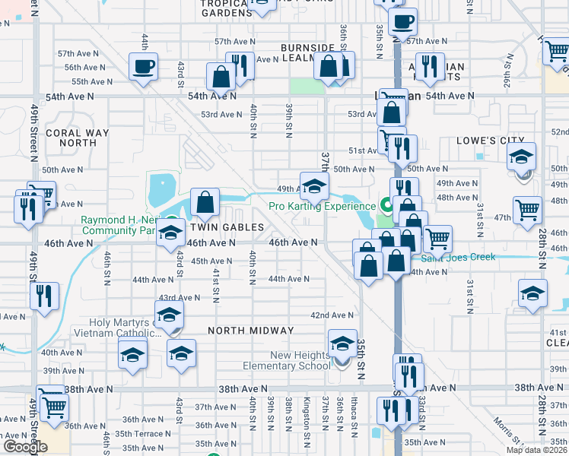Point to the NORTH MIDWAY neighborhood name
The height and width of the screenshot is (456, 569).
pos(251,331)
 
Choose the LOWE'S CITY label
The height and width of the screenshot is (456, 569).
pos(491,141)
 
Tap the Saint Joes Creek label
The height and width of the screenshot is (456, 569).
pos(464,257)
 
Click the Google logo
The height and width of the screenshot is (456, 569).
pos(24,447)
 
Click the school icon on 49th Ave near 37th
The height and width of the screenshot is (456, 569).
pos(314,185)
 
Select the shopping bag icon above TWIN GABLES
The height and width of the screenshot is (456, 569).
pos(205,201)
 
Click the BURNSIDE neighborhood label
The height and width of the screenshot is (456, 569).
pos(307,47)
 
